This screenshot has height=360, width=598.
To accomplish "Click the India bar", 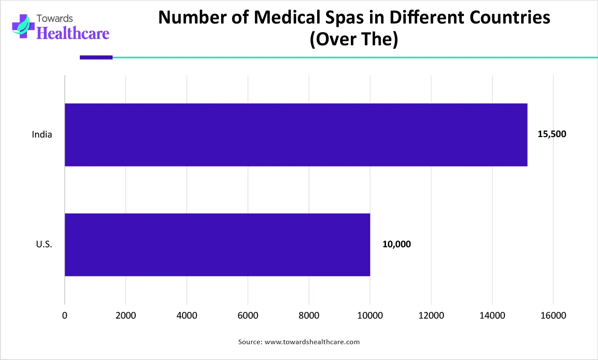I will click(x=296, y=135).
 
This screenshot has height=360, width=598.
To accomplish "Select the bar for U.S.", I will click(x=217, y=245).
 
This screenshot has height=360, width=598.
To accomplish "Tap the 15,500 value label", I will click(x=551, y=134).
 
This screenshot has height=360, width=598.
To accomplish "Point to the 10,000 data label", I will click(x=397, y=244).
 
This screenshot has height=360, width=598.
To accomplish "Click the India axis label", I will click(x=42, y=135).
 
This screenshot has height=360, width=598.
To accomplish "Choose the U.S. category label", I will click(x=44, y=245).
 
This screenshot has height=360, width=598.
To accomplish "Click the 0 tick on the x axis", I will click(x=65, y=316).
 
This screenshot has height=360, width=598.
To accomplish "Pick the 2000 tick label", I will click(x=125, y=316).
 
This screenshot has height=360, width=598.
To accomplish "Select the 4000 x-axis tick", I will click(x=187, y=316).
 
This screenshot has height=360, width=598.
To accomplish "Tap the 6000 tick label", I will click(x=248, y=316).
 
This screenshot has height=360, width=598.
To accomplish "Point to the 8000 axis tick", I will click(x=309, y=316).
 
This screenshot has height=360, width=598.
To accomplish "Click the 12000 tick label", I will click(x=431, y=316).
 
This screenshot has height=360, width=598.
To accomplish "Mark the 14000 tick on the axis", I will click(x=492, y=316).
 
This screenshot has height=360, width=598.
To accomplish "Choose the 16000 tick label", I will click(x=553, y=316).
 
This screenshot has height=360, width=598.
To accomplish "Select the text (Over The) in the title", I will click(x=354, y=39).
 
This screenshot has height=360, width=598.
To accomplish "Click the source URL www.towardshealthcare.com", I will click(x=312, y=342).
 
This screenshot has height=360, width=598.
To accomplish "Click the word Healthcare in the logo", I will click(x=73, y=33).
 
